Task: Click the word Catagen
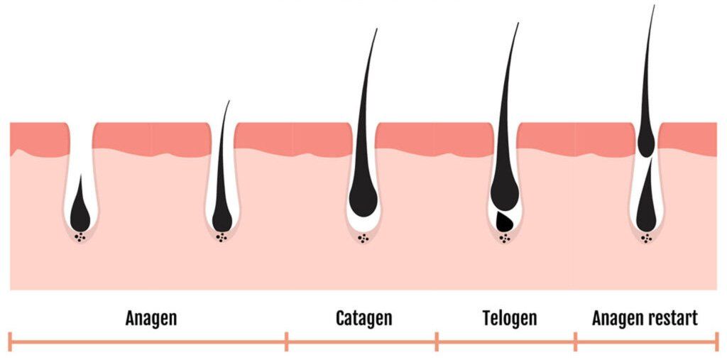(363, 317)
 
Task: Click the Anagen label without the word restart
(151, 317)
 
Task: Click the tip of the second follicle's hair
(229, 102)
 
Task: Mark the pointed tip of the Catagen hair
(376, 30)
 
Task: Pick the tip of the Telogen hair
(518, 24)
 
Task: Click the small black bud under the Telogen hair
(504, 222)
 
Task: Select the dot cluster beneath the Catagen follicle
(363, 239)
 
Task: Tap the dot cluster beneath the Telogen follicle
(505, 239)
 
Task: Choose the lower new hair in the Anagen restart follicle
(647, 202)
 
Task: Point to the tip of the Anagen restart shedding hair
(653, 7)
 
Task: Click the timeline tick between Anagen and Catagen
(287, 342)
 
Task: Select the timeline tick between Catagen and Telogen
(437, 342)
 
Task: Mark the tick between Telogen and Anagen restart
(575, 342)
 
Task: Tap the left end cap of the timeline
(10, 342)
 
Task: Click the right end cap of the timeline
(716, 342)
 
